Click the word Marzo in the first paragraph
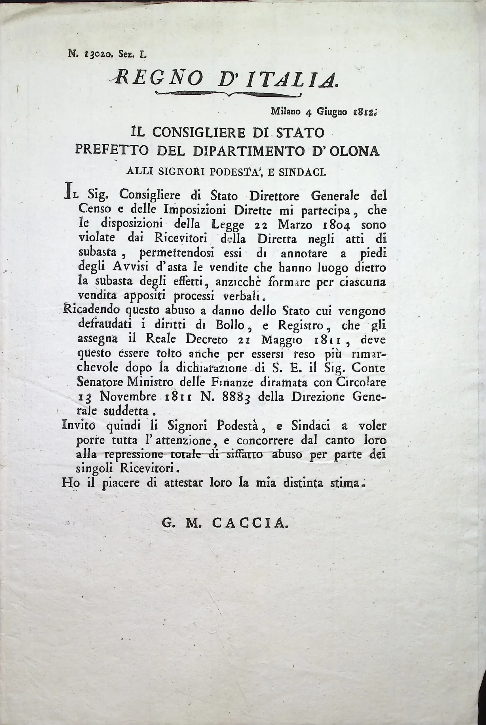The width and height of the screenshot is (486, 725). [295, 225]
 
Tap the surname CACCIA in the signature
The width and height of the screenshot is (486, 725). [250, 523]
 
